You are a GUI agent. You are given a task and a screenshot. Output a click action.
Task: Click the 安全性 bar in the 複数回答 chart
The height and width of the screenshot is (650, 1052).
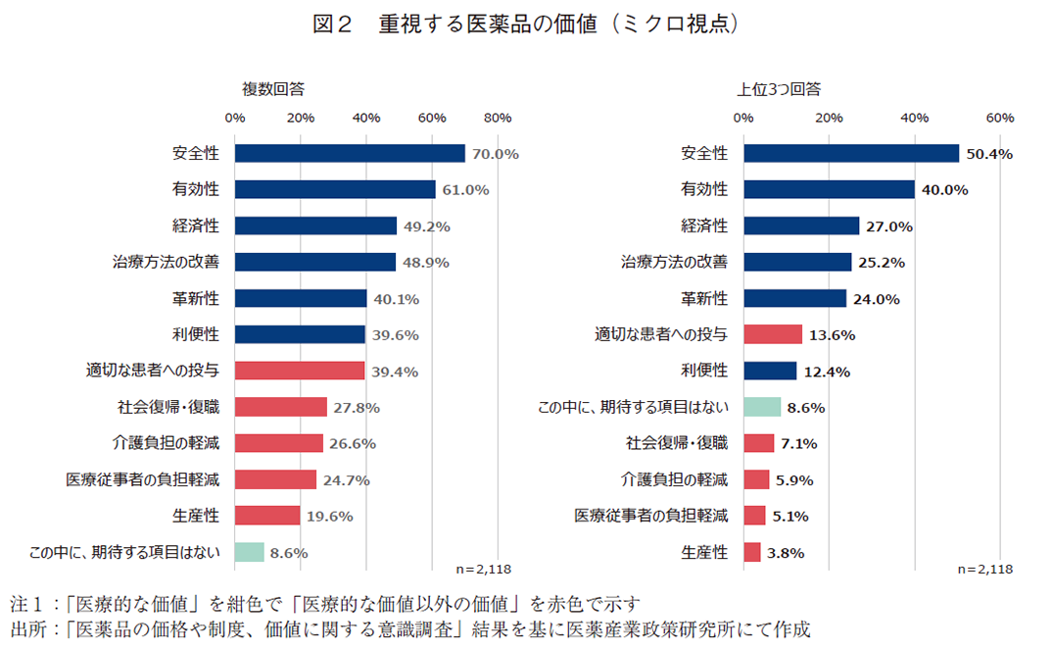pos(350,153)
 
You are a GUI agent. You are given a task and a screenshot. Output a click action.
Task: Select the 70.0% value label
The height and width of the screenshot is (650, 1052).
pos(495,154)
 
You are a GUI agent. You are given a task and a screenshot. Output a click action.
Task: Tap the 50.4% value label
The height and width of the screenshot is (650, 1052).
pos(988,154)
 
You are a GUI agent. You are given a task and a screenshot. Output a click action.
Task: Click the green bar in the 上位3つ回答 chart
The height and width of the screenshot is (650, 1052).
pos(762,406)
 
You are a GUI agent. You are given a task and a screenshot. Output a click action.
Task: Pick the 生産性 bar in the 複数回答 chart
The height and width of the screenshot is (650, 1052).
pos(267,516)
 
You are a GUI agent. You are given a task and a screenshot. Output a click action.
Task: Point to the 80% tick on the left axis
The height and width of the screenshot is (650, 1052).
pos(498,119)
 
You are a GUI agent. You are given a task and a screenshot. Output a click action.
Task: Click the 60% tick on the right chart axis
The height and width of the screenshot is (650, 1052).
pos(999,119)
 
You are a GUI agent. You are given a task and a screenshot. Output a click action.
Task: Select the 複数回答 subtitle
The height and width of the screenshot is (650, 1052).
pos(273,89)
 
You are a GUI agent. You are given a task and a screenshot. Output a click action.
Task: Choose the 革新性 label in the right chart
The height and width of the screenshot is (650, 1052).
pos(704,298)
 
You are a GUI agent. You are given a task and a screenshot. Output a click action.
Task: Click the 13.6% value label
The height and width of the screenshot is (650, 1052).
pos(832,335)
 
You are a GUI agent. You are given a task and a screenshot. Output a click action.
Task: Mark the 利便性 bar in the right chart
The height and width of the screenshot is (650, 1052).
pos(770,371)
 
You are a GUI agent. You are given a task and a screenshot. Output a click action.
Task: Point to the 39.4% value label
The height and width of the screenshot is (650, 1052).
pos(395,372)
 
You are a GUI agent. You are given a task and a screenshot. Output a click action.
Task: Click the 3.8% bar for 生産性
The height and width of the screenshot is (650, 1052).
pos(751,552)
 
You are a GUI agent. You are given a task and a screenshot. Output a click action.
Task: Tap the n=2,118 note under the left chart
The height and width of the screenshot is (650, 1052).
pos(484,569)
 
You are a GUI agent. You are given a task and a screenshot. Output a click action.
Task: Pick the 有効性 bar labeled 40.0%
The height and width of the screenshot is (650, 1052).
pos(829,189)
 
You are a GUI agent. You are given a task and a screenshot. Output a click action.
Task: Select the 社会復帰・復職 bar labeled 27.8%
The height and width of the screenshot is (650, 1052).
pos(280,407)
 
